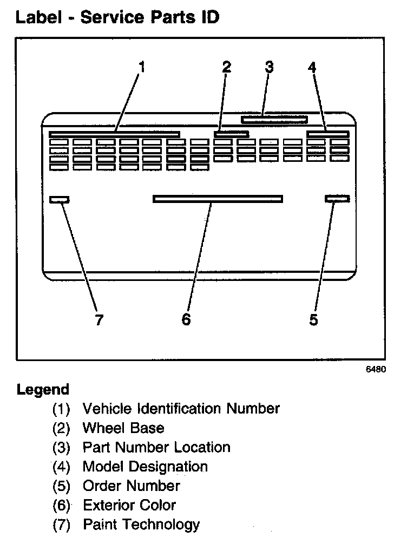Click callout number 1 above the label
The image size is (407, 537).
pos(142,67)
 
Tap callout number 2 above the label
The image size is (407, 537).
pos(227,67)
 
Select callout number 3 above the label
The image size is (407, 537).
pos(269,67)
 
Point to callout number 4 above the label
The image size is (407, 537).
pos(312,67)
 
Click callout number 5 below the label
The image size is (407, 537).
pos(314,320)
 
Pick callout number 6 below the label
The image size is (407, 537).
pos(186,320)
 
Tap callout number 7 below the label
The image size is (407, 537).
pos(99,320)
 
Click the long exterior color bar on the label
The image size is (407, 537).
pos(218,199)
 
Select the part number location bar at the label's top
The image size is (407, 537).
pos(274,119)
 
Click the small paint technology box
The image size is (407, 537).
pos(59,199)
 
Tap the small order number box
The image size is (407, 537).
pos(337,199)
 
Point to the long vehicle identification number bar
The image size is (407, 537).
pos(114,134)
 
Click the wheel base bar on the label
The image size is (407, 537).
pos(231,133)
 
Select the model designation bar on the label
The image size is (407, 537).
pos(327,133)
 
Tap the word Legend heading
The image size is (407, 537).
pos(43,390)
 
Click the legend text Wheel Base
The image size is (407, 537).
pos(123,428)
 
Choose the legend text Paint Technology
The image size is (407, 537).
pos(141,525)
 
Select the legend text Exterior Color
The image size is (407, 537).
pos(129,505)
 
